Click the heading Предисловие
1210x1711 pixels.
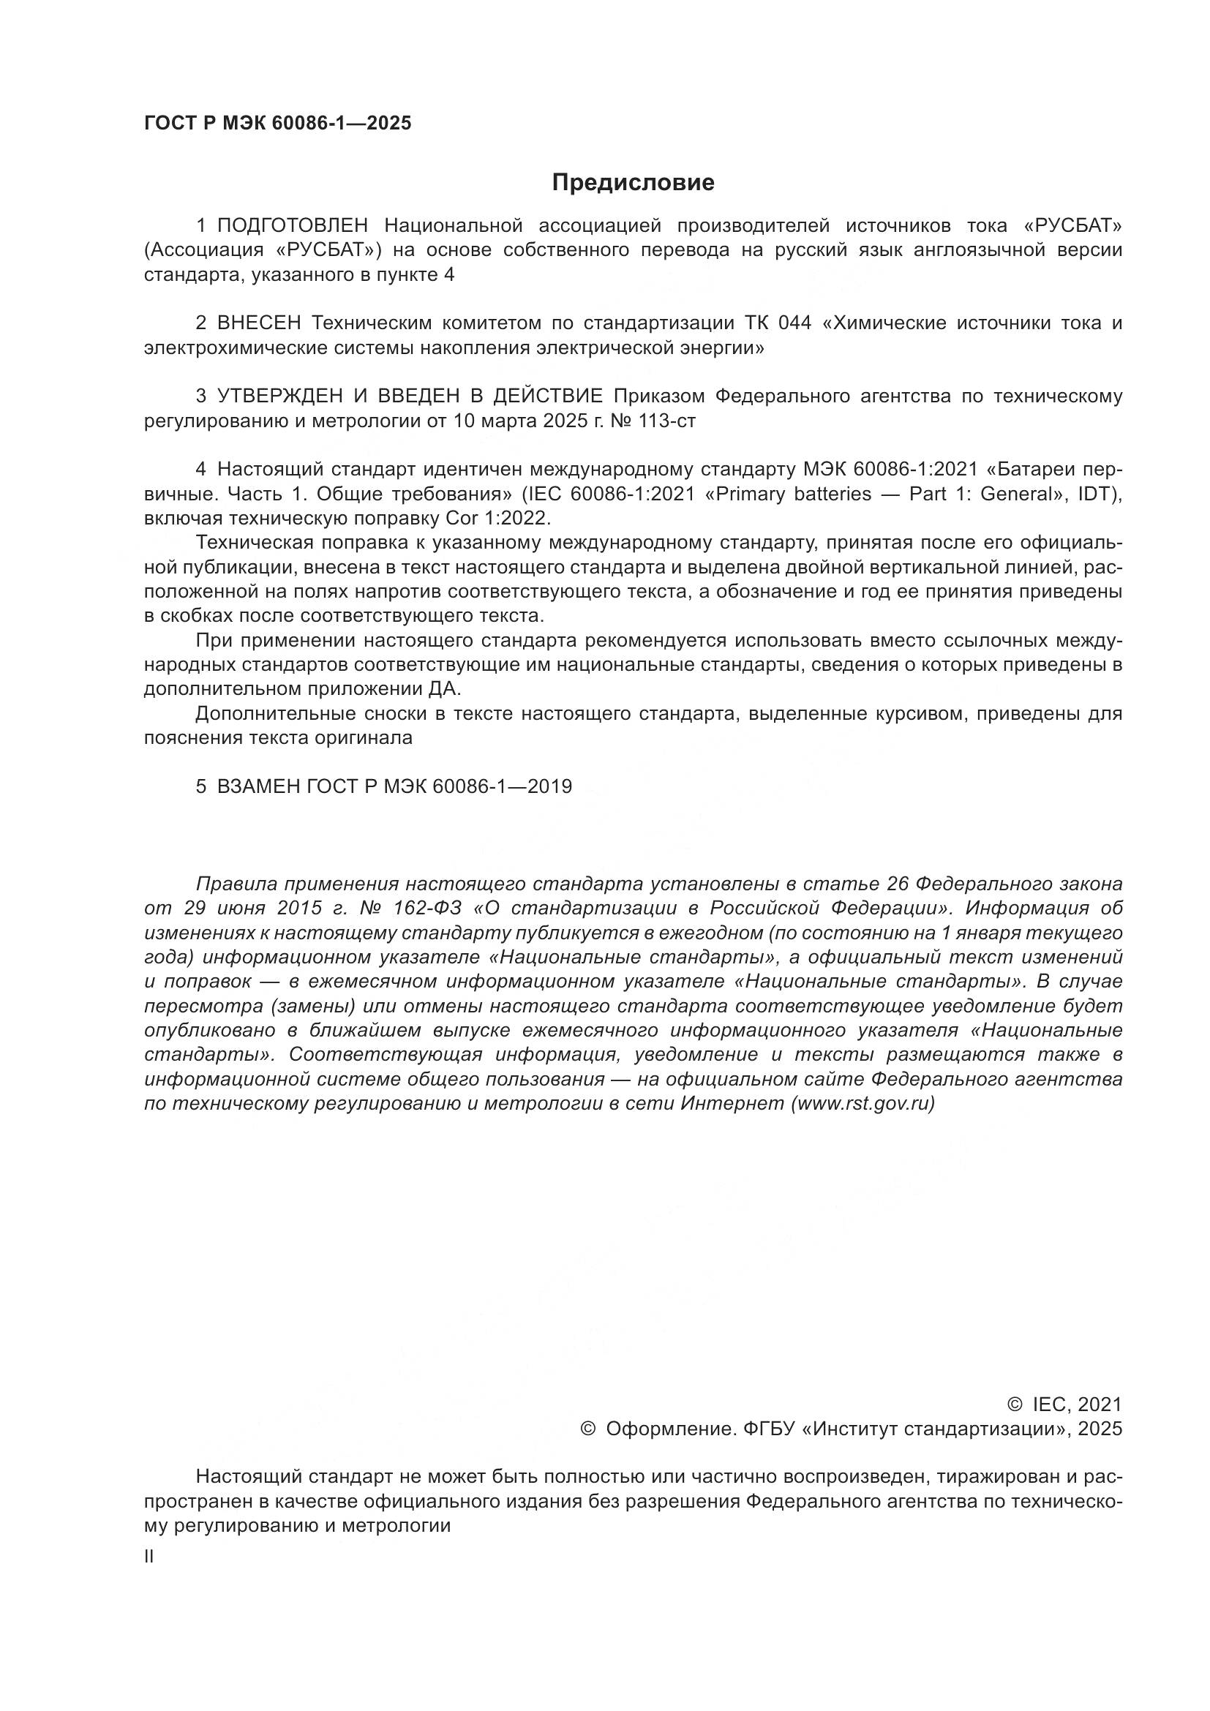click(x=633, y=183)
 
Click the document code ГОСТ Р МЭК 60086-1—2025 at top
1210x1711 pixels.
click(x=277, y=124)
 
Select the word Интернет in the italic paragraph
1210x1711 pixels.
click(x=734, y=1104)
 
